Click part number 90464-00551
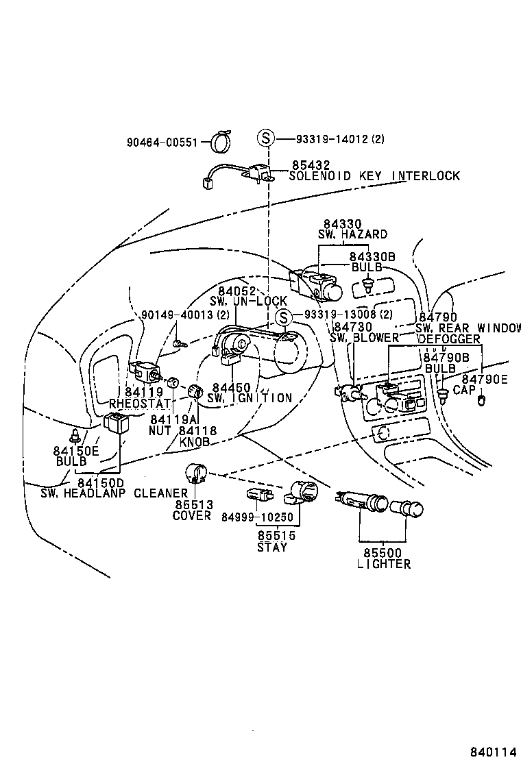(162, 143)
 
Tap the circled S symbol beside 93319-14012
(266, 138)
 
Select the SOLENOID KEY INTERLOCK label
(374, 176)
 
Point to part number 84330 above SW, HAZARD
(342, 224)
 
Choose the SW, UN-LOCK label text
(248, 302)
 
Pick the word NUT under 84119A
(160, 431)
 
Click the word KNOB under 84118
(194, 442)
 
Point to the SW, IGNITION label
(250, 398)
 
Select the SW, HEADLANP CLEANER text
(114, 493)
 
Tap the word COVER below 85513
(192, 515)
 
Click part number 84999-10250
(257, 516)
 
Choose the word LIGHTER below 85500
(384, 564)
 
